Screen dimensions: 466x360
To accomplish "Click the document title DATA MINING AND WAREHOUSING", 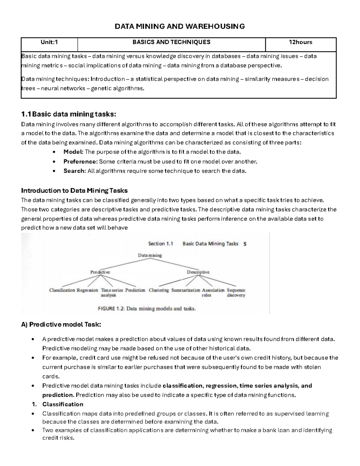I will click(180, 26).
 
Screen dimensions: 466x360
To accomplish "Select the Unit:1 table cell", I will click(49, 42).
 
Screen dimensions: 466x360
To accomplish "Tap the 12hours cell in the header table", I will click(300, 42).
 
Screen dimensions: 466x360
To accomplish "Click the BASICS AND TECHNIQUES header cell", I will click(171, 42).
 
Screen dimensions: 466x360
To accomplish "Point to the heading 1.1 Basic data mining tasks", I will click(68, 114).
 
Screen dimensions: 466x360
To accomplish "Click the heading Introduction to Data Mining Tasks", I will click(74, 191).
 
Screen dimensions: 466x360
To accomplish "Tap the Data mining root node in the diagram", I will click(150, 255).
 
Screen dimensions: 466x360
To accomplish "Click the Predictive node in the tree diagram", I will click(100, 272).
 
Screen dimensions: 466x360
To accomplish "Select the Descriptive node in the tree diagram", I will click(198, 272).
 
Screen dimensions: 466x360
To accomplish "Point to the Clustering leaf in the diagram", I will click(159, 290).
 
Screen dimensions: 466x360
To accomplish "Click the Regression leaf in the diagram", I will click(87, 290).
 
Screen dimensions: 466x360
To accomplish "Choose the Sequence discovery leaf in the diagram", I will click(236, 293).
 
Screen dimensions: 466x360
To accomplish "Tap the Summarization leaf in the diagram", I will click(185, 290).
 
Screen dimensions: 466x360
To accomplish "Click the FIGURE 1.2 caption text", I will click(147, 308).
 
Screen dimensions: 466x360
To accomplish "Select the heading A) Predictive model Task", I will click(61, 324).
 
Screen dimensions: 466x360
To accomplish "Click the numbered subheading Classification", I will click(63, 404).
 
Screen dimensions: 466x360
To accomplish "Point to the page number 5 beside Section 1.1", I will click(245, 244).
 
